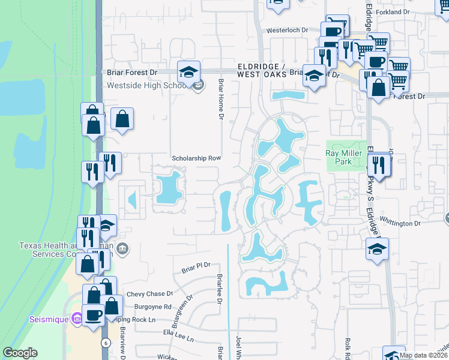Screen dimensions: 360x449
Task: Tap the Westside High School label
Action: click(x=148, y=85)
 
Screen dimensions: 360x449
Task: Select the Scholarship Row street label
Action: click(x=197, y=158)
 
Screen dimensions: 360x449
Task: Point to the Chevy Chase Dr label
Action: click(x=145, y=293)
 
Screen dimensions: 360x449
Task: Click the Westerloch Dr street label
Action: click(x=287, y=29)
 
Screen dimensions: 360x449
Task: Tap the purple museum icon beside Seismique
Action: click(x=76, y=319)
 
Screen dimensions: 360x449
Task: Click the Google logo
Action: click(x=20, y=353)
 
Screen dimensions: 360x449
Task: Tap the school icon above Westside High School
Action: click(x=188, y=73)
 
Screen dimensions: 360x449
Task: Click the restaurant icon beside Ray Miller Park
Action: click(x=379, y=164)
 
